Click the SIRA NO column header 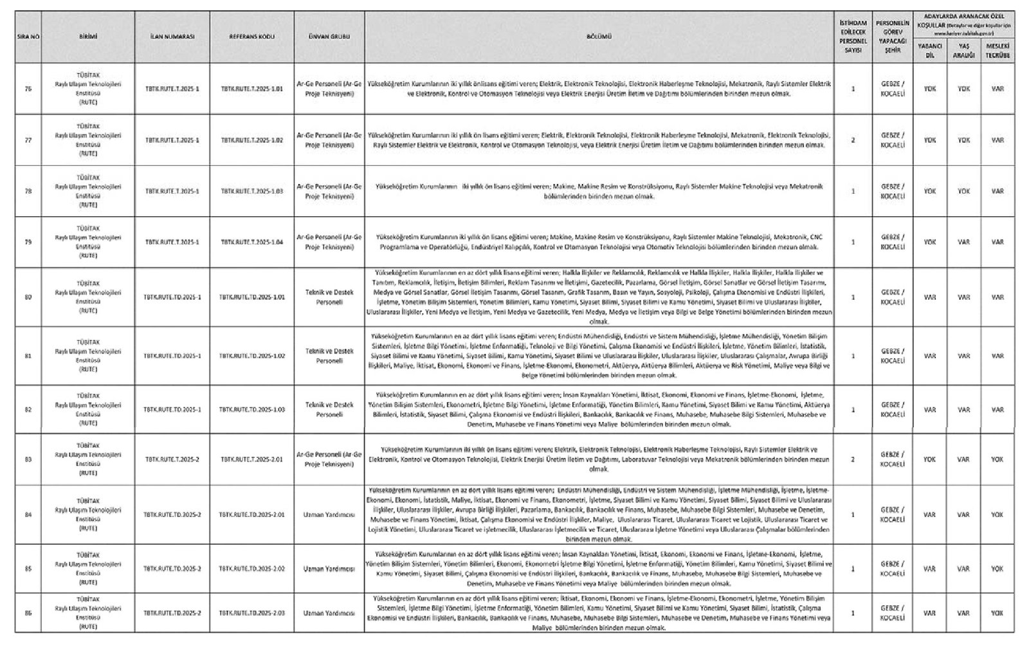pyautogui.click(x=28, y=37)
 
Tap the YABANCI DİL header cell pyautogui.click(x=929, y=50)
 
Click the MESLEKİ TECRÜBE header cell pyautogui.click(x=997, y=50)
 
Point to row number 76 pyautogui.click(x=28, y=89)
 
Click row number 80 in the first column pyautogui.click(x=28, y=297)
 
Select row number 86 pyautogui.click(x=28, y=613)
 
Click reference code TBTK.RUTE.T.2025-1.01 pyautogui.click(x=251, y=89)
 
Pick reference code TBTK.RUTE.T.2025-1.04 pyautogui.click(x=251, y=242)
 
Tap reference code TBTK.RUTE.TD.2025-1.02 pyautogui.click(x=251, y=356)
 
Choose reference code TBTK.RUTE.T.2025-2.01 pyautogui.click(x=251, y=459)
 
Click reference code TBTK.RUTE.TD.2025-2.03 pyautogui.click(x=251, y=613)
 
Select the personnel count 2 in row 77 pyautogui.click(x=853, y=140)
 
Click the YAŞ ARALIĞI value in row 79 pyautogui.click(x=963, y=242)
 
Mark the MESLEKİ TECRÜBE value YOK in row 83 pyautogui.click(x=997, y=459)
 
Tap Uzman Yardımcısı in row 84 pyautogui.click(x=329, y=515)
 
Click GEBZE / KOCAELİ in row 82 pyautogui.click(x=893, y=410)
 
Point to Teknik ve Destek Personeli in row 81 pyautogui.click(x=329, y=356)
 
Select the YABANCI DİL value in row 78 pyautogui.click(x=929, y=191)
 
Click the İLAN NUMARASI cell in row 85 pyautogui.click(x=172, y=569)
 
